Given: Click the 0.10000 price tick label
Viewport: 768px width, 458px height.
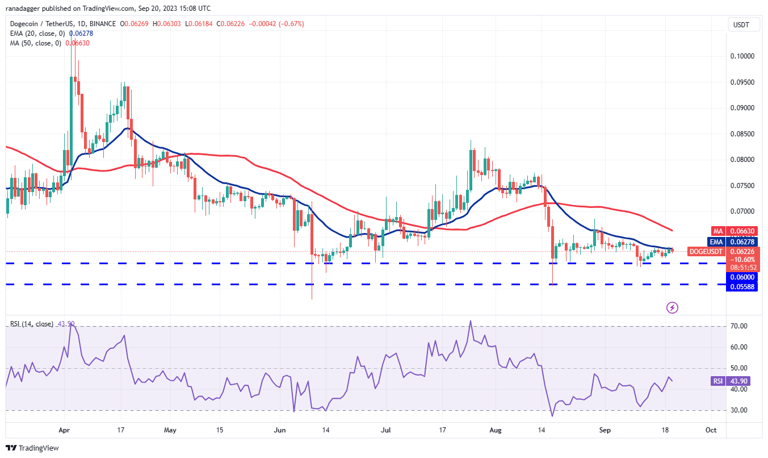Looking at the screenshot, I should tap(742, 56).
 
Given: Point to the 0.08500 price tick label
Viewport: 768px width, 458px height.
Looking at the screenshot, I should tap(742, 134).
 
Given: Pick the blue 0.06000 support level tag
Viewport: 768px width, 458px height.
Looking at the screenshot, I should tap(742, 277).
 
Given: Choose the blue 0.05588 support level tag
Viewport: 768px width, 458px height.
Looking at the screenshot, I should tap(742, 287).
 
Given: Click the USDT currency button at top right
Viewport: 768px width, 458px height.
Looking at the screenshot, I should tap(741, 24).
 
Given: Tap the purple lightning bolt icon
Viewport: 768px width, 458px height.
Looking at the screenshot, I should tap(672, 307).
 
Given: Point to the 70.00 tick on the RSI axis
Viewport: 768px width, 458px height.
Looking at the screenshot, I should tap(738, 326).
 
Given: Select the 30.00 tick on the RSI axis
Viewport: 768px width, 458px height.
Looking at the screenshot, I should tap(738, 410).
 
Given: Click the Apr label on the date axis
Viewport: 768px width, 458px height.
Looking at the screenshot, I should tap(64, 430).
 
